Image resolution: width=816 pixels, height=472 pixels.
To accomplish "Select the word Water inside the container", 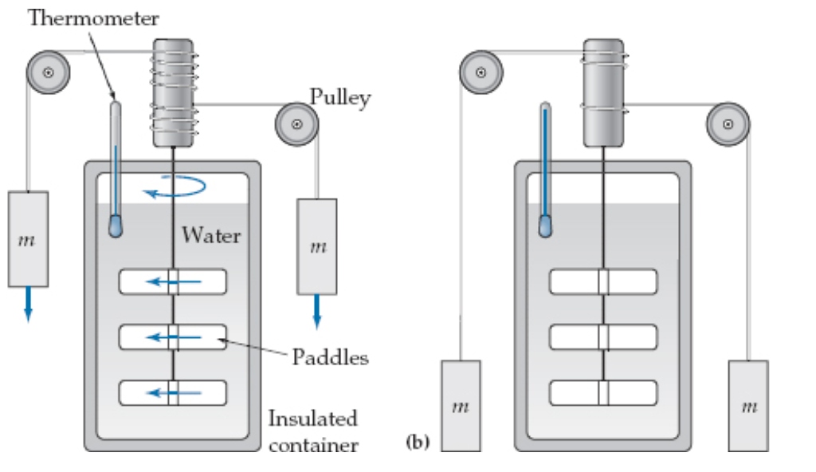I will [210, 235].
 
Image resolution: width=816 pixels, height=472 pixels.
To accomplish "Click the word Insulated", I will [312, 419].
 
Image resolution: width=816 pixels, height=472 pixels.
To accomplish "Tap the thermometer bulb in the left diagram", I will [116, 226].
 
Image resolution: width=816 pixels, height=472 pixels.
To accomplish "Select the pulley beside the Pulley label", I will [296, 124].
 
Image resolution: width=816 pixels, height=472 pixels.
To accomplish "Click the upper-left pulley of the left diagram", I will [48, 73].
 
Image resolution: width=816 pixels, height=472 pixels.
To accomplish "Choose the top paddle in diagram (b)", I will [603, 282].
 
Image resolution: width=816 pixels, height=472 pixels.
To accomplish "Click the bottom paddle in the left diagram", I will [173, 392].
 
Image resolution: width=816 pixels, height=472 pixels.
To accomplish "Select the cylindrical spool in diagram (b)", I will [603, 93].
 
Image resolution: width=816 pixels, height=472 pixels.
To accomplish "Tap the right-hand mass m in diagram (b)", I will [748, 406].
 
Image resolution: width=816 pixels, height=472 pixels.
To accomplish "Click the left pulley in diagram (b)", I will [481, 73].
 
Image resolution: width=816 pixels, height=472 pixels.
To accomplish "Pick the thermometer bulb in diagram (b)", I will [546, 226].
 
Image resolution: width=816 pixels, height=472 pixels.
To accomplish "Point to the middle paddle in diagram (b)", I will [603, 337].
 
